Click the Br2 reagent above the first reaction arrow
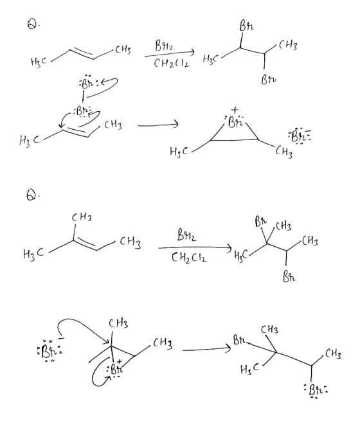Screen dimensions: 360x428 coord(163,46)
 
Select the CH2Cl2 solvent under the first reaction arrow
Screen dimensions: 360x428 coord(172,64)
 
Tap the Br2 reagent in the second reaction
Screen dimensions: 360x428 coord(186,235)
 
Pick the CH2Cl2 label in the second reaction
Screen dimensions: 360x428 coord(189,258)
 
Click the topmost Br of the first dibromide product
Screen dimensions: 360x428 coord(246,26)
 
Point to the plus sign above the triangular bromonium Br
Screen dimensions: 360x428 coord(235,111)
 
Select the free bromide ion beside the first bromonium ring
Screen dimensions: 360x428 coord(299,136)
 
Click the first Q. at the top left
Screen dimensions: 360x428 coord(33,24)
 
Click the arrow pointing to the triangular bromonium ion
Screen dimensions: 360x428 coord(158,125)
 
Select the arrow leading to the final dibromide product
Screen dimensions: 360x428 coord(207,349)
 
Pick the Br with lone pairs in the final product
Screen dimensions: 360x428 coord(316,390)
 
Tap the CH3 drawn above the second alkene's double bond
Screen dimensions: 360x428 coord(82,218)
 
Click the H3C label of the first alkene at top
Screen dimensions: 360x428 coord(39,62)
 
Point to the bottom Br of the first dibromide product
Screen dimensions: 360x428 coord(269,80)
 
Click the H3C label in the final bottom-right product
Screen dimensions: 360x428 coord(249,370)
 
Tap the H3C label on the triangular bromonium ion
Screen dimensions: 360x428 coord(179,151)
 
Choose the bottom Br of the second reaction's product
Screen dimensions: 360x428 coord(289,278)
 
